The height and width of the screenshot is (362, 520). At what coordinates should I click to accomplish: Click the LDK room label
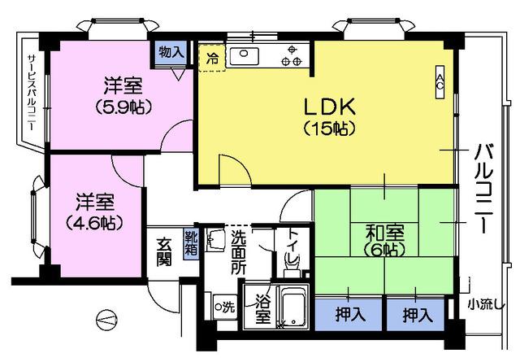330,107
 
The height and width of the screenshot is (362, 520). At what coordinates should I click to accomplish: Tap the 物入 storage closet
171,53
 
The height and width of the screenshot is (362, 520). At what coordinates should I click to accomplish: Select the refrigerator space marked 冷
212,58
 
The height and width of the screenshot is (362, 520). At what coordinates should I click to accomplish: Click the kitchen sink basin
245,56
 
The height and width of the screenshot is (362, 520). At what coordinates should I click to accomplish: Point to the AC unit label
440,81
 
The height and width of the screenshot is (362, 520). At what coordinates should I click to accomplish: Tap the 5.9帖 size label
123,107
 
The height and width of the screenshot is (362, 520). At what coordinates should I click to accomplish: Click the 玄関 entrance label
164,253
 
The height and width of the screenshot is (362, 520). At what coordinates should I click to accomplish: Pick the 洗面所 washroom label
239,252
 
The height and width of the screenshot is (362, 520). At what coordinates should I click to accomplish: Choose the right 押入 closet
415,315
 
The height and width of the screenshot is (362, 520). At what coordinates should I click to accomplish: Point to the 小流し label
486,304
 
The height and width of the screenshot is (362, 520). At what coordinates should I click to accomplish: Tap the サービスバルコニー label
32,92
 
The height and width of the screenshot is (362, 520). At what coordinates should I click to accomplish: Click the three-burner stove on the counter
292,56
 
